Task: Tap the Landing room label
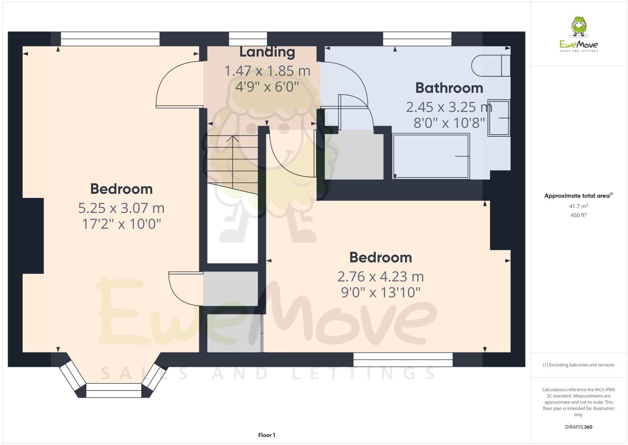[267, 52]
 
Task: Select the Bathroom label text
[449, 88]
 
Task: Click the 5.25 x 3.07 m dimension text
[121, 208]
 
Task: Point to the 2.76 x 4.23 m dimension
[380, 277]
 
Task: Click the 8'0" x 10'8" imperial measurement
[449, 123]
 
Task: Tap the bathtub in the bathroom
[431, 156]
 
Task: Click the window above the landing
[241, 39]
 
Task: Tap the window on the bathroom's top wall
[417, 39]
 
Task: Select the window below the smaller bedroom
[402, 359]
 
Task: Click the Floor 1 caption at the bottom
[266, 435]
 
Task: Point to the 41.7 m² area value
[578, 206]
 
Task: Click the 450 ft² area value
[578, 215]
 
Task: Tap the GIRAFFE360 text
[578, 427]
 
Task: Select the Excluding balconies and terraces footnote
[578, 365]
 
